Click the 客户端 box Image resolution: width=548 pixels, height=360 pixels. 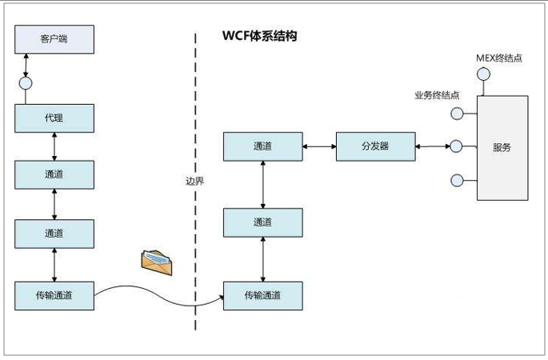coord(54,39)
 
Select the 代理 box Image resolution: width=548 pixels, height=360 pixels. coord(54,118)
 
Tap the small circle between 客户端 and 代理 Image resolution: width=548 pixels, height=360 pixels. coord(26,82)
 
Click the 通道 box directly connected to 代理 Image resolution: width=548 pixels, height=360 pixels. coord(54,174)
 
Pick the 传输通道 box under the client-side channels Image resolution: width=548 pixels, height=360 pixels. coord(54,295)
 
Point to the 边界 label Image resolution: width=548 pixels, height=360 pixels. coord(194,181)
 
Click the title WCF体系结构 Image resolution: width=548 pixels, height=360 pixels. coord(259,37)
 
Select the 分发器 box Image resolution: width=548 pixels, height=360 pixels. coord(375,146)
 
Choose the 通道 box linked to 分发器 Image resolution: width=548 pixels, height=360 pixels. coord(262,146)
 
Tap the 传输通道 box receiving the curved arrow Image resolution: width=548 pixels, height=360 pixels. coord(262,295)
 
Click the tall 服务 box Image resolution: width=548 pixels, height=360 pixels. coord(502,147)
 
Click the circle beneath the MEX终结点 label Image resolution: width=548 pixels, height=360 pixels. coord(482,74)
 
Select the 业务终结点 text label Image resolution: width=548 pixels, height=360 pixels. coord(437,95)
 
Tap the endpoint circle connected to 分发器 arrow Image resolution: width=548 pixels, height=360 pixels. coord(457,146)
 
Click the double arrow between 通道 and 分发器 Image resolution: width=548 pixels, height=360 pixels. coord(319,146)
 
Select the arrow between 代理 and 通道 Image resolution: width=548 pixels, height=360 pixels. coord(54,146)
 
